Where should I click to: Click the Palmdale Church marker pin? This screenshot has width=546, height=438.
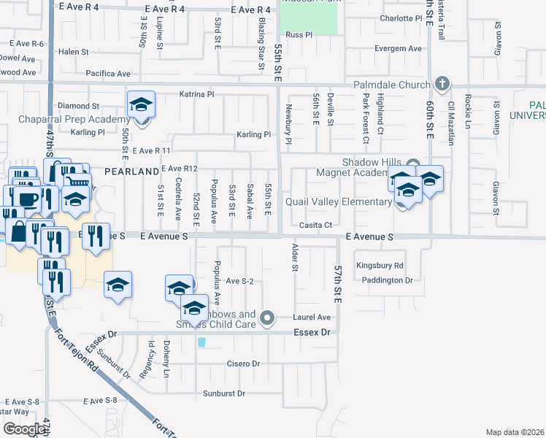pyautogui.click(x=441, y=84)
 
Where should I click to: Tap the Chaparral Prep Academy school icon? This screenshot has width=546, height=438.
pyautogui.click(x=141, y=105)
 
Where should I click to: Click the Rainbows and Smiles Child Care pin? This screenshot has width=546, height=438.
pyautogui.click(x=267, y=317)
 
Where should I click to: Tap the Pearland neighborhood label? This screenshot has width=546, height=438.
pyautogui.click(x=132, y=171)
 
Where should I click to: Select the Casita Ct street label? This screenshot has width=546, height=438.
pyautogui.click(x=315, y=225)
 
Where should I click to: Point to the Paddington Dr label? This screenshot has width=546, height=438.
pyautogui.click(x=384, y=280)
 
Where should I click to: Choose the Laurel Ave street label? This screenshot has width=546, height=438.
pyautogui.click(x=312, y=317)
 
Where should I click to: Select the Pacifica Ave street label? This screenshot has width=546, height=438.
pyautogui.click(x=108, y=74)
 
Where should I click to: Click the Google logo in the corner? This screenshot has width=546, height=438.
pyautogui.click(x=24, y=429)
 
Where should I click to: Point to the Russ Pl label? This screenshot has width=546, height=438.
pyautogui.click(x=299, y=34)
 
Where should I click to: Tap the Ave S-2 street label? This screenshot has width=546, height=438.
pyautogui.click(x=239, y=281)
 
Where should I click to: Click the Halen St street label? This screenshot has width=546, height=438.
pyautogui.click(x=73, y=52)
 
